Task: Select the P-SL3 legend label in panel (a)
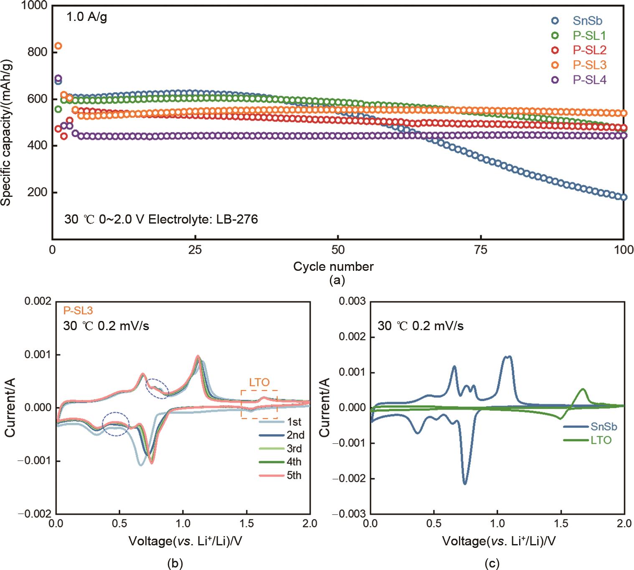(x=589, y=65)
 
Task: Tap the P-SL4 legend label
(x=589, y=80)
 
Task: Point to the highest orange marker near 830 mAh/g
(x=58, y=46)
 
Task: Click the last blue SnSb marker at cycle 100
(x=624, y=197)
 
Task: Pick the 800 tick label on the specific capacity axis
(x=38, y=52)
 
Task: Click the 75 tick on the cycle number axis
(x=481, y=250)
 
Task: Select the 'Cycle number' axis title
(x=333, y=267)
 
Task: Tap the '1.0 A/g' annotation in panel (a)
(x=87, y=17)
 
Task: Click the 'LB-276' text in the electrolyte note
(x=237, y=219)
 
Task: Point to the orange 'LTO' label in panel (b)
(x=259, y=382)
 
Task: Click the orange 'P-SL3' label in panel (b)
(x=78, y=310)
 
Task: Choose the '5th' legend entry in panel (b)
(x=294, y=476)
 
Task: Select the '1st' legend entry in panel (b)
(x=294, y=422)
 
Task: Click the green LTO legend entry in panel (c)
(x=601, y=440)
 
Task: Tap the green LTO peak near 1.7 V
(x=583, y=389)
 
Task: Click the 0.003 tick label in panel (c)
(x=352, y=301)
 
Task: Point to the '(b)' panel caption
(x=175, y=563)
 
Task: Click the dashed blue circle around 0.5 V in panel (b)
(x=116, y=424)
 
